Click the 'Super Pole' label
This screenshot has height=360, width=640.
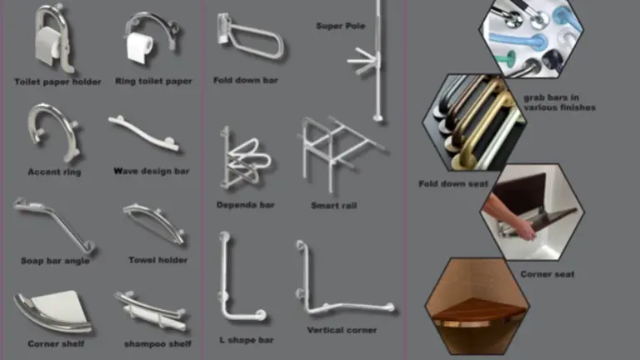tap(340, 26)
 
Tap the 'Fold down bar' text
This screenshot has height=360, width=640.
tap(246, 80)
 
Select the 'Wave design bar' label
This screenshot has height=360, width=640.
tap(152, 171)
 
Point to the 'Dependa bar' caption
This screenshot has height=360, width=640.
tap(246, 205)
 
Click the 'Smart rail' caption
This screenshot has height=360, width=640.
tap(334, 206)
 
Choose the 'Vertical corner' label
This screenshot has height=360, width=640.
tap(342, 330)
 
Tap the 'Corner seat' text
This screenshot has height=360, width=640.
tap(547, 274)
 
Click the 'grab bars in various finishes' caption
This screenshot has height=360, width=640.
tap(560, 102)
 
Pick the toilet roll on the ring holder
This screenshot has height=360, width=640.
tap(139, 47)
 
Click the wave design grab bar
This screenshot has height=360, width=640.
tap(143, 134)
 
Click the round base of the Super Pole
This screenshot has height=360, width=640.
tap(378, 119)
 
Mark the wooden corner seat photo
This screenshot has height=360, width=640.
tap(477, 306)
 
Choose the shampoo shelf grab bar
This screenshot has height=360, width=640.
tap(152, 311)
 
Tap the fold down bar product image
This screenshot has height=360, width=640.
tap(250, 37)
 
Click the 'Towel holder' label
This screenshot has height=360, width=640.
tap(158, 260)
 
